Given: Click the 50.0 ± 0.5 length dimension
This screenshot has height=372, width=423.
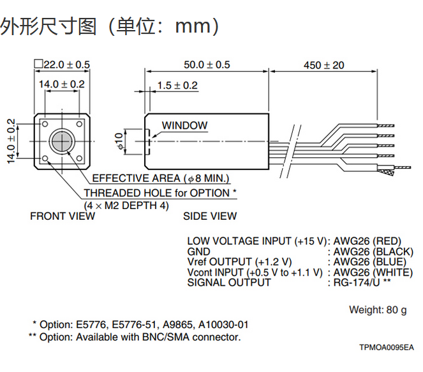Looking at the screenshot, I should (x=206, y=65).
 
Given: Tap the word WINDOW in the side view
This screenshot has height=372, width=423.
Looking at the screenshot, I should (x=184, y=125).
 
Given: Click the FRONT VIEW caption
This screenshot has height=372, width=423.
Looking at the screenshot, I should (x=63, y=216).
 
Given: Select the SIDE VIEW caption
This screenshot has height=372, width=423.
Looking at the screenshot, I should (x=210, y=216).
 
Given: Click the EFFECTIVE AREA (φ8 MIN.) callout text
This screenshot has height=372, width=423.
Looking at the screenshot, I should (x=161, y=178).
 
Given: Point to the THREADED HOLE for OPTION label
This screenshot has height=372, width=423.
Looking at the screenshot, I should (x=160, y=192).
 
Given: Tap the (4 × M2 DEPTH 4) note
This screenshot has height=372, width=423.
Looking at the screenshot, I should (x=127, y=205).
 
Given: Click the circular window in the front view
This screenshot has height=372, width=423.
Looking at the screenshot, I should (x=63, y=141).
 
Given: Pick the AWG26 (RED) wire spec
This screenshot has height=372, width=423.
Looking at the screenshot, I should (x=367, y=241).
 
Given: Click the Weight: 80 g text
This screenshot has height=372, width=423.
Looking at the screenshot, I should (x=378, y=310).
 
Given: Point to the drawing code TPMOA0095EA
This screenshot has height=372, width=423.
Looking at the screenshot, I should (x=386, y=347).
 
